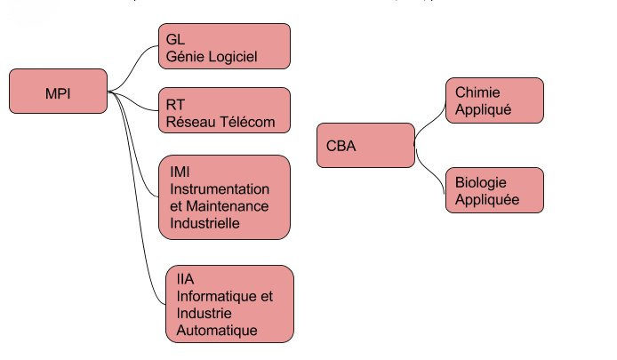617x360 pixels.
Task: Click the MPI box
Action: click(x=58, y=92)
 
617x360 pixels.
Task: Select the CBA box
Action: click(x=365, y=146)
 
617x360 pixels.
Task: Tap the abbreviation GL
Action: click(x=174, y=41)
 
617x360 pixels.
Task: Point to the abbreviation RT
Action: click(x=174, y=105)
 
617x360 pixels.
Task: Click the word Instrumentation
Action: click(x=219, y=189)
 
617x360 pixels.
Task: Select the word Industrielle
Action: click(x=204, y=223)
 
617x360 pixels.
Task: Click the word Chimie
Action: click(x=477, y=92)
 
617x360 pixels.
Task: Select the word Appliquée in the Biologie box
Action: click(x=486, y=200)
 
